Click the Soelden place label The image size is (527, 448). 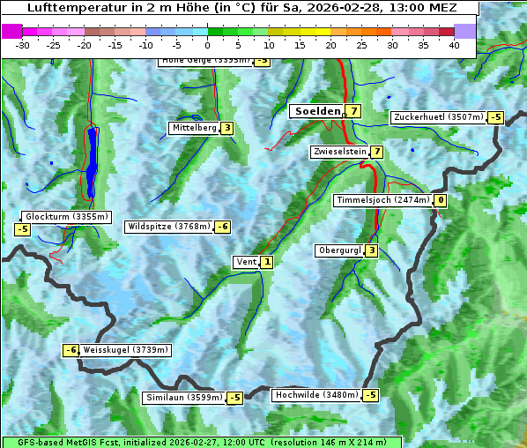(317, 111)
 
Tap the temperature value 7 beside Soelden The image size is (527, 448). (353, 111)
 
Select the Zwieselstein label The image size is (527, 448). (339, 152)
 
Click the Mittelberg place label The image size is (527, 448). (194, 128)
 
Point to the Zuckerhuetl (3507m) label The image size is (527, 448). (439, 117)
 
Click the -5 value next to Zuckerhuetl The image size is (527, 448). (496, 117)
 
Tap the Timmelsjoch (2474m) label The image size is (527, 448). (383, 200)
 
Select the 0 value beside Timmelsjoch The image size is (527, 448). (441, 200)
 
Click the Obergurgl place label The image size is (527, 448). (339, 250)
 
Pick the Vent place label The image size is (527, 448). (246, 261)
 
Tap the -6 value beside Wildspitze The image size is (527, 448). (223, 227)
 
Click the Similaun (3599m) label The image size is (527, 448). (184, 398)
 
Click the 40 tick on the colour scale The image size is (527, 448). (454, 44)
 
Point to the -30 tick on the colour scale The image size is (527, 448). (23, 44)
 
